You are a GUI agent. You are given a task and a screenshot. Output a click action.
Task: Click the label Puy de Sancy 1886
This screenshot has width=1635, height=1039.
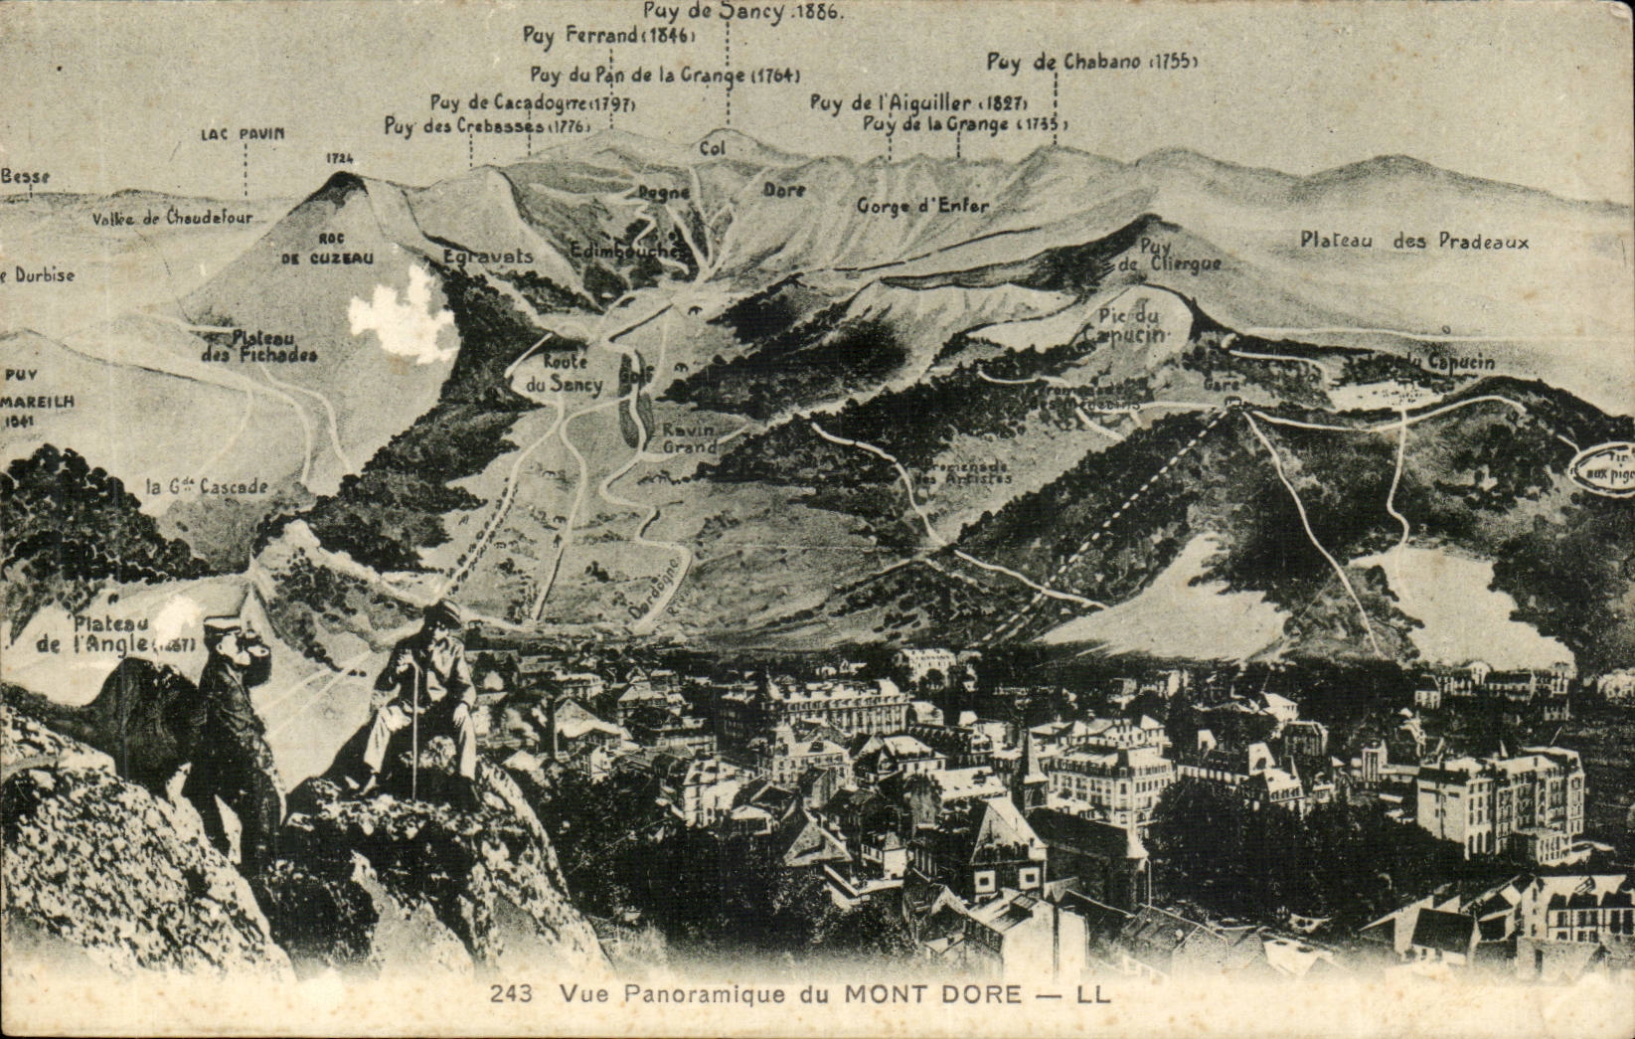tap(743, 12)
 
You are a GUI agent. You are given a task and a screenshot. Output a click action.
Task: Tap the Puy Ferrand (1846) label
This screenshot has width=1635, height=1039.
tap(609, 36)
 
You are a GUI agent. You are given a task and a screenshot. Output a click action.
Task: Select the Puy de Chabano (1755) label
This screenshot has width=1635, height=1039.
tap(1091, 62)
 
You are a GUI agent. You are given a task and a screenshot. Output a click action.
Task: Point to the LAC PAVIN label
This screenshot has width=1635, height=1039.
tap(243, 133)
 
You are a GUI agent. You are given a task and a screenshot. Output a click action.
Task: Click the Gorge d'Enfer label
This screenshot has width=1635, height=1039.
tap(923, 206)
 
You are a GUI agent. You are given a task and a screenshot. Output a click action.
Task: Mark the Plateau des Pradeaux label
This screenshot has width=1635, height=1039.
tap(1413, 241)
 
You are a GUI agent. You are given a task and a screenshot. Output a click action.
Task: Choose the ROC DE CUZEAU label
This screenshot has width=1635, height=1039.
tap(327, 249)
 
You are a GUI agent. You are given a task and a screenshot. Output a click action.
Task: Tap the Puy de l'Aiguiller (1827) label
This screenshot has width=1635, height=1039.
tap(917, 101)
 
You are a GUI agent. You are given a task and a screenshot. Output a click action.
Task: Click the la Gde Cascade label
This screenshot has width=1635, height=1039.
tap(207, 486)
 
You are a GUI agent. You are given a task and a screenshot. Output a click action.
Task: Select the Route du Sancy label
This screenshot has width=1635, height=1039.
tap(564, 374)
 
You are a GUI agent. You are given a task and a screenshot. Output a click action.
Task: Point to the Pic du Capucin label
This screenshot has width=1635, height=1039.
tap(1131, 324)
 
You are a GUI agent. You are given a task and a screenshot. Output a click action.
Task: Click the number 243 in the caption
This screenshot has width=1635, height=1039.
tap(512, 992)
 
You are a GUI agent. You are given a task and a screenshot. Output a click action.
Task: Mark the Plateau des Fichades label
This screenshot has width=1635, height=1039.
tap(259, 346)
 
